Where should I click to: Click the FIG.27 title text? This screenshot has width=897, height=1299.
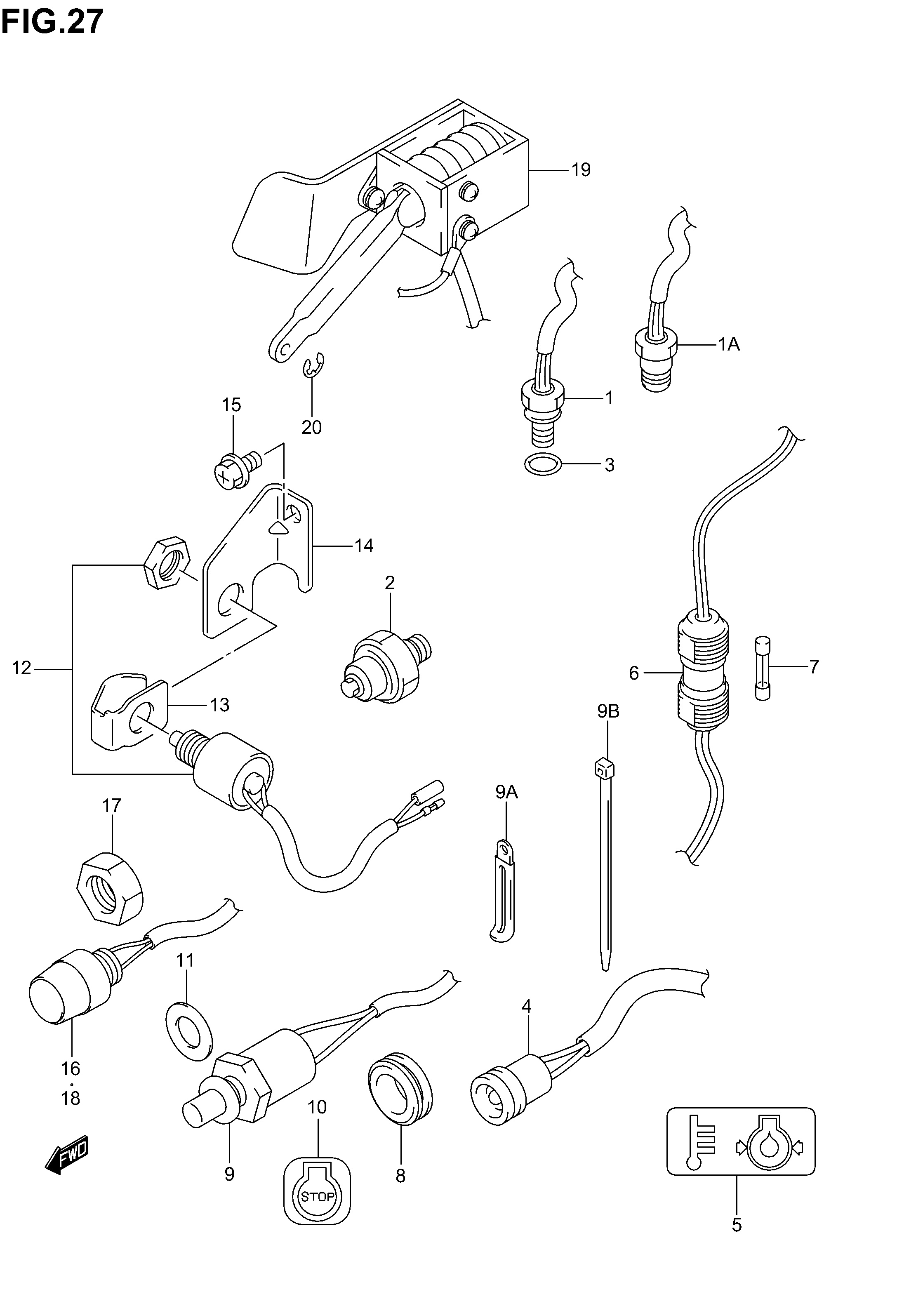point(52,22)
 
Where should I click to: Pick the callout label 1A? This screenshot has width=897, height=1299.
point(729,344)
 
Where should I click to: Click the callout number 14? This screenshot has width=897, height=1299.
point(364,546)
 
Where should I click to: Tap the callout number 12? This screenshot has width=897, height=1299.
point(21,668)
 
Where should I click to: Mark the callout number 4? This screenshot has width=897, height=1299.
point(526,1006)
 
